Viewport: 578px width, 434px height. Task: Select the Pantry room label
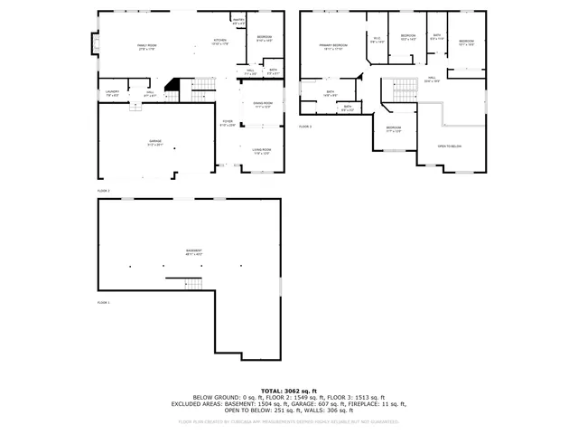tap(238, 20)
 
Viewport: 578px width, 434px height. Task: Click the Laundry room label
tap(112, 92)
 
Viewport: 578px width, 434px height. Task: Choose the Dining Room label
tap(263, 105)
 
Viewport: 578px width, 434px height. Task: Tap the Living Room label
tap(263, 152)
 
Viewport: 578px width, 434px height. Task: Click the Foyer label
tap(228, 123)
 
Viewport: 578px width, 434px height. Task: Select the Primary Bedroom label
tap(332, 45)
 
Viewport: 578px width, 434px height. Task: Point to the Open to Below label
tap(450, 145)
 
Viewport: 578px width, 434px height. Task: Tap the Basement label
tap(194, 251)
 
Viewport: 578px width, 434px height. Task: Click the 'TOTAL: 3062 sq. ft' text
tap(288, 391)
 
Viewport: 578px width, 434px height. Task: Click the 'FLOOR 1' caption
tap(103, 302)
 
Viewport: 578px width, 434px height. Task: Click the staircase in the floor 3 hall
tap(397, 90)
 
